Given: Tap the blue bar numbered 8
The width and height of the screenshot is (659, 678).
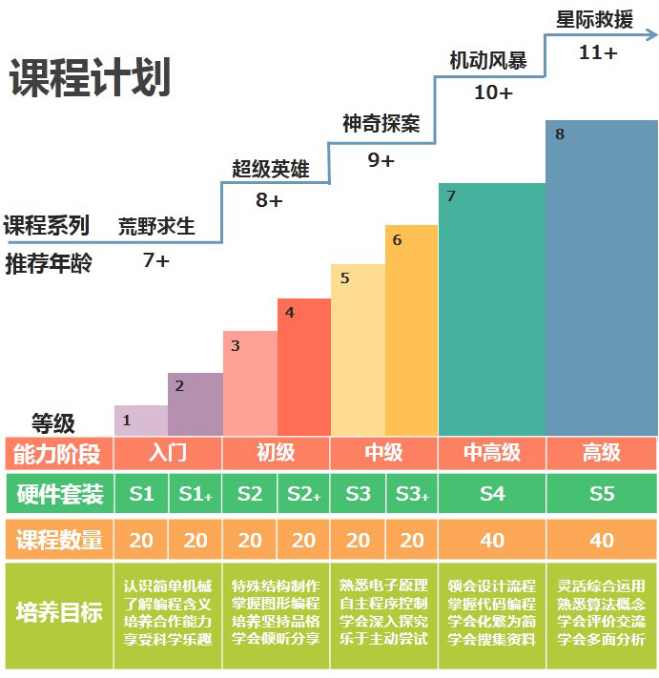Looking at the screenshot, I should (601, 277).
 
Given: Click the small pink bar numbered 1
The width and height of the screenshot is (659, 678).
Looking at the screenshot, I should (140, 420).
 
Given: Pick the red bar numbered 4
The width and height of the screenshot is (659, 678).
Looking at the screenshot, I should (303, 367).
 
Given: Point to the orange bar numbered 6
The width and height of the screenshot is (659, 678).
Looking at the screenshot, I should (411, 330).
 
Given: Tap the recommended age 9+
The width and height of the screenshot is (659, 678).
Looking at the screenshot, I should (381, 160).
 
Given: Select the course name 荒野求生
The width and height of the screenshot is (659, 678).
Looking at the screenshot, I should (156, 226).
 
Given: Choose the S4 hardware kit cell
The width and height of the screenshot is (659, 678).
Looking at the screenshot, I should (492, 494).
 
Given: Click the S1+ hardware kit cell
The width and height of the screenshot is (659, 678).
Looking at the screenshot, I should (196, 494).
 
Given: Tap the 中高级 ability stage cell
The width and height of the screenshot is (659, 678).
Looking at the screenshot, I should (492, 452).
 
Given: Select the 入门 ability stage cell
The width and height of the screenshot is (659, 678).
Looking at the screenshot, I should (168, 452).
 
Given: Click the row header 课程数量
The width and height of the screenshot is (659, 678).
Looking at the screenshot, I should (59, 540).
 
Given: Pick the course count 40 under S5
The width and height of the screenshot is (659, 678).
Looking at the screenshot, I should (602, 540).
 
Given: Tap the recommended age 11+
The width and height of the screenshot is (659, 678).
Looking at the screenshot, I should (598, 52).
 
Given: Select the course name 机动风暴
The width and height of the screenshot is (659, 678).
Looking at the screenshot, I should (488, 60).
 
